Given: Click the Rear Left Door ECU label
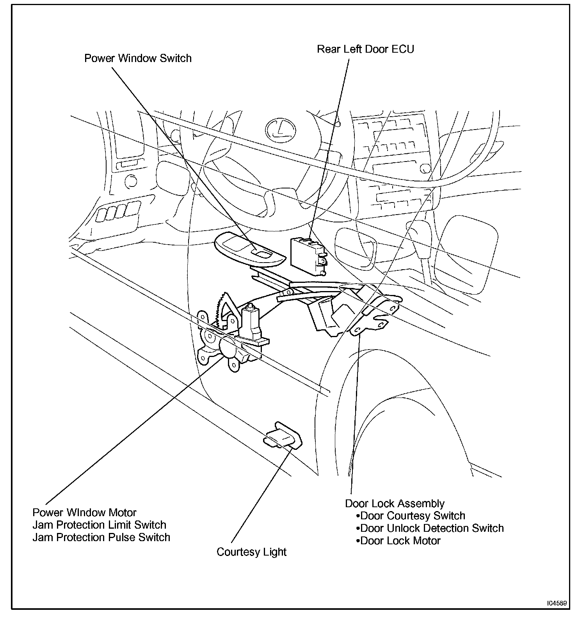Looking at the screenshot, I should coord(365,49).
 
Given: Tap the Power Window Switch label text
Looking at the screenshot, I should coord(138,59).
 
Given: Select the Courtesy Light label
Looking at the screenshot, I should coord(252,552).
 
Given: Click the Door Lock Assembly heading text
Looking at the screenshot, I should coord(395,503).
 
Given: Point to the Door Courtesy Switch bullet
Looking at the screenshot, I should coord(411,516).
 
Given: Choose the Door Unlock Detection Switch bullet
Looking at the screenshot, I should coord(430,528).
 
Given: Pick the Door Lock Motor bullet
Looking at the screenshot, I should coord(398,541).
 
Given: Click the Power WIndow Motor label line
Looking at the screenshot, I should coord(84,512).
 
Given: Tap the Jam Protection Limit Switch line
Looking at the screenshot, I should coord(99,525).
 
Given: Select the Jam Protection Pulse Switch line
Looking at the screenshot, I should coord(101,537).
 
